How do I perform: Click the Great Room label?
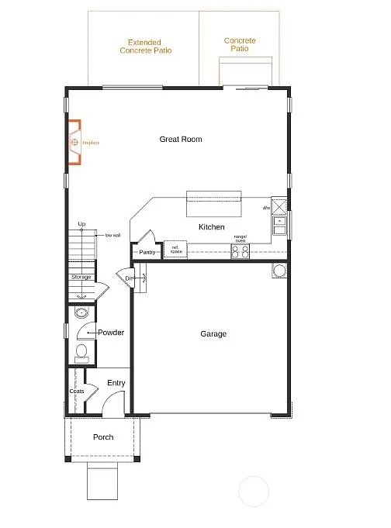coord(181,140)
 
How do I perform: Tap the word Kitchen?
coord(212,227)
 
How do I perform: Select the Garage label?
coord(214,334)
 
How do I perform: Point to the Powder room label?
coord(111,333)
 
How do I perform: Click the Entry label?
coord(116,383)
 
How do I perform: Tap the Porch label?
coord(103,437)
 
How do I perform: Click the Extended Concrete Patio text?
coord(146,47)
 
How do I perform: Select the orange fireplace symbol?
coord(75,143)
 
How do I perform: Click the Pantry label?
coord(147,252)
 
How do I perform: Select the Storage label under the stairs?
coord(81,277)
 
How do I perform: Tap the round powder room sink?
coord(81,314)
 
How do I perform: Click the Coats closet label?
coord(76,391)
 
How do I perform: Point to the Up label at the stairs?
coord(81,225)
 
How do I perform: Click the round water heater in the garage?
coord(278,271)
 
